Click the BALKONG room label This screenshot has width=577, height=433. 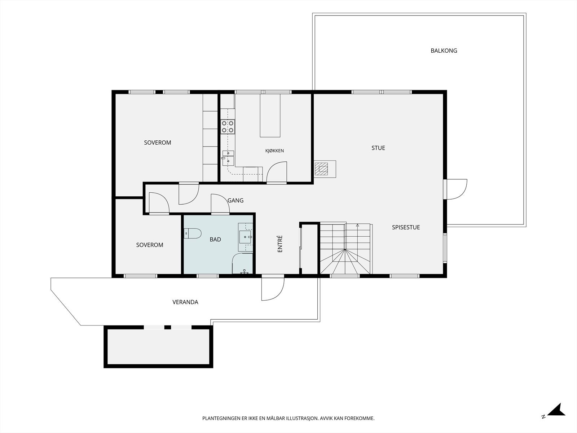click(444, 51)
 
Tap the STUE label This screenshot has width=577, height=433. click(378, 148)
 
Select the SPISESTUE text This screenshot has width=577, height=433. click(406, 227)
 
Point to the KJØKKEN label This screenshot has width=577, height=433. click(274, 150)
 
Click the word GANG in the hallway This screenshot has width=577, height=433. click(235, 200)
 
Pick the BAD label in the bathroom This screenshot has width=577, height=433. click(215, 239)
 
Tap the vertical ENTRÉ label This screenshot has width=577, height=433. click(280, 244)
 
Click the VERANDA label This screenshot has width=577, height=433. click(185, 302)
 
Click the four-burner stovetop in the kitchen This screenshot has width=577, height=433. click(228, 127)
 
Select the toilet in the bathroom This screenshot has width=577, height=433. click(193, 233)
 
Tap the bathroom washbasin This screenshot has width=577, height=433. click(245, 237)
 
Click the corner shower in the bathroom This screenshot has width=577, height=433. click(242, 263)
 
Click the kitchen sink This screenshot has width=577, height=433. click(228, 158)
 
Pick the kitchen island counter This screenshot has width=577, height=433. click(270, 115)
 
